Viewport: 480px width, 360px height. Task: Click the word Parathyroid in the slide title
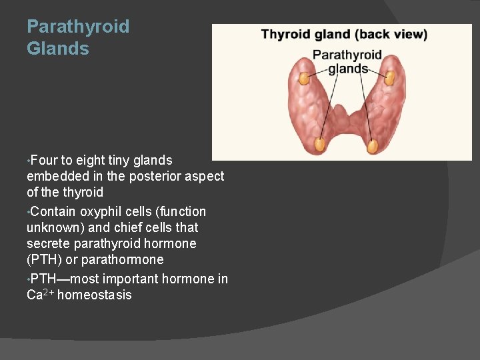coord(78,27)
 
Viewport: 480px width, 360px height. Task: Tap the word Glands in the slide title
coord(58,49)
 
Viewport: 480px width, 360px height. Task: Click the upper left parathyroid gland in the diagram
coord(303,78)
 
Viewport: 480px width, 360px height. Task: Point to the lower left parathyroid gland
coord(319,143)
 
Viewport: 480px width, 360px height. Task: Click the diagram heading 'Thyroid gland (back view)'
coord(344,34)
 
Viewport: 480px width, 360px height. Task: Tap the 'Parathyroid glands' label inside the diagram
coord(347,61)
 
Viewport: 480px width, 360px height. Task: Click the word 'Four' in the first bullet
coord(44,160)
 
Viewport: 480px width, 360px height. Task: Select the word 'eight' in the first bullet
coord(92,160)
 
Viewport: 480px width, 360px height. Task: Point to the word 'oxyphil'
coord(102,211)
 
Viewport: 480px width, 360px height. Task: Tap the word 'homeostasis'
coord(95,295)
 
